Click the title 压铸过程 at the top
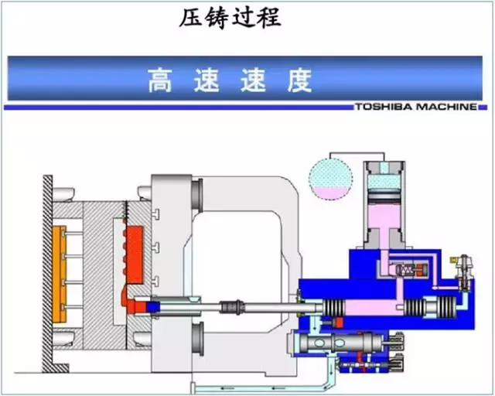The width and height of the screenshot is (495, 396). (x=230, y=19)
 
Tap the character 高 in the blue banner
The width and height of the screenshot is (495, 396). (x=160, y=80)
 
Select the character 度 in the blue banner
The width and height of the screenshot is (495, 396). (x=299, y=80)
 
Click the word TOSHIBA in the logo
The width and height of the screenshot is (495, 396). (x=384, y=107)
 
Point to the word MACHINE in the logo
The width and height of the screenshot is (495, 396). (x=446, y=107)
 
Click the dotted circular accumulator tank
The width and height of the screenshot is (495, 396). (x=330, y=179)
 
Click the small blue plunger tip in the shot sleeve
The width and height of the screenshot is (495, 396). (x=154, y=307)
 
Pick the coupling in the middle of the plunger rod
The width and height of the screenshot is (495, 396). (x=232, y=306)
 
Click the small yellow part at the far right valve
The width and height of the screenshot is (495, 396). (x=454, y=260)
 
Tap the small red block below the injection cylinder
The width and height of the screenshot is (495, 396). (x=339, y=322)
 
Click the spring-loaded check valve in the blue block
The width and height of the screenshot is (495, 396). (x=411, y=270)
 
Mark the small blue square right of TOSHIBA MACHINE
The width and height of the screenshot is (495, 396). (x=483, y=108)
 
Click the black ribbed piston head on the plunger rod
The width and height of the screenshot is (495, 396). (x=333, y=307)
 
